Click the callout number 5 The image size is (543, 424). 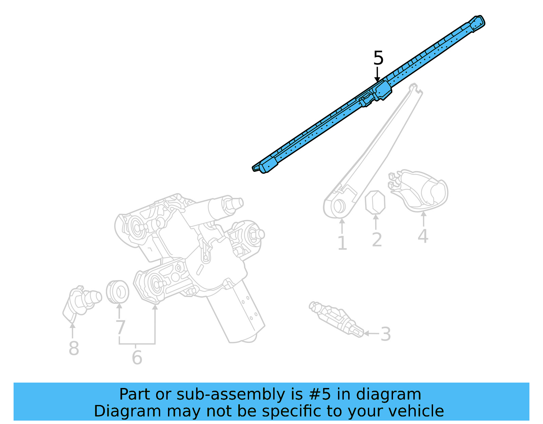pos(378,58)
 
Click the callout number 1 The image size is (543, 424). pos(342,243)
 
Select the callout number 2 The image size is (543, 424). pos(377,240)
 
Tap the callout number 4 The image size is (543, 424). pos(423,236)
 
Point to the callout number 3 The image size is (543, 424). pos(386,334)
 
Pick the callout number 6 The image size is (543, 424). pos(137,357)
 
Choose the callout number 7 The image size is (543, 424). pos(120,328)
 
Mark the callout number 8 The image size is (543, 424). pos(74,348)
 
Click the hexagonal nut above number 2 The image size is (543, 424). pos(375,202)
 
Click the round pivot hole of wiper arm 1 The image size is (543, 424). pos(338,206)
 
